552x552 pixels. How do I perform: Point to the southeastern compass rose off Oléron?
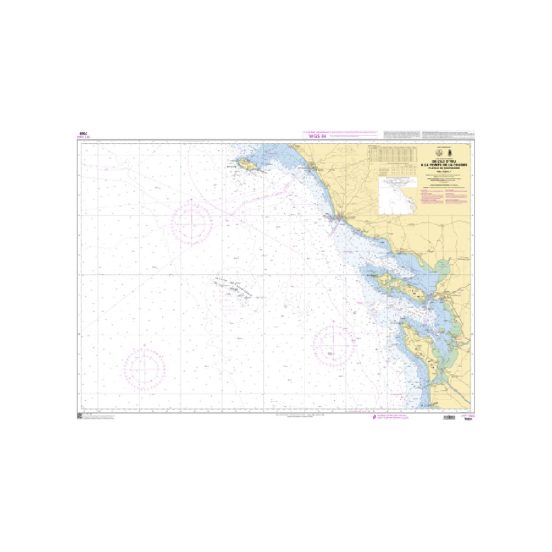pos(334,344)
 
